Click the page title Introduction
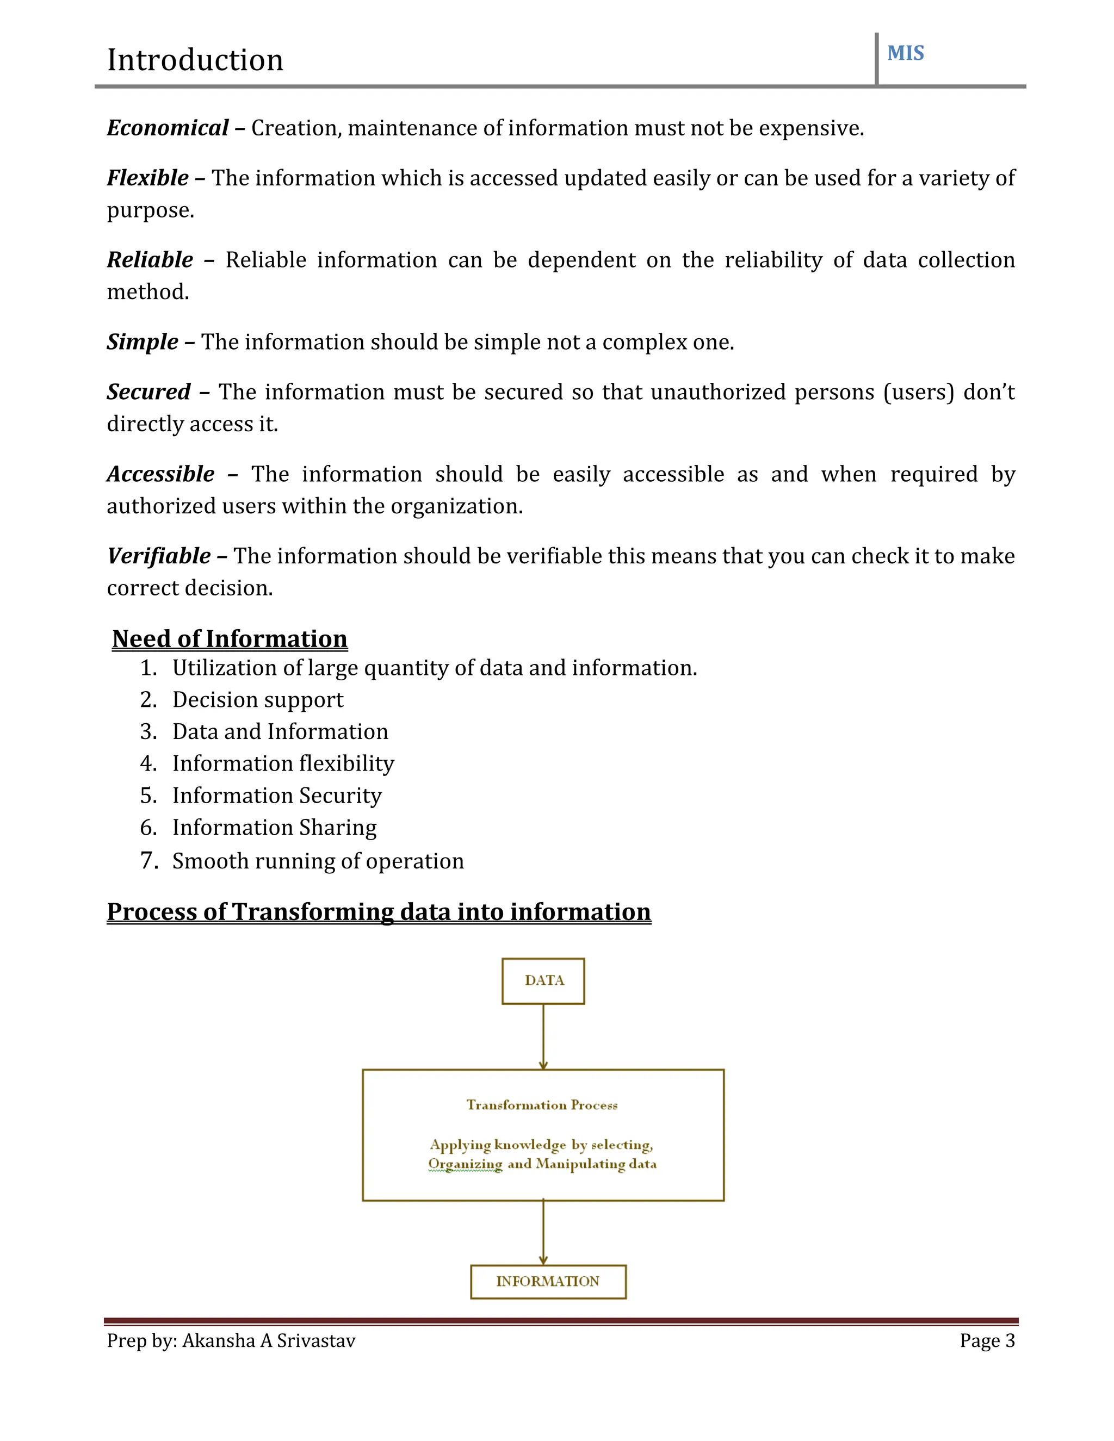coord(195,60)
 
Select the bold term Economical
coord(168,127)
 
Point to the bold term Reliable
coord(150,259)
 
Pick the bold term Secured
coord(148,392)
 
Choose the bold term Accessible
coord(160,474)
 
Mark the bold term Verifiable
coord(159,556)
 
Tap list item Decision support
coord(257,699)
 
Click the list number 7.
coord(148,860)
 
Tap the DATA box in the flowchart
coord(543,980)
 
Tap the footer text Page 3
coord(987,1341)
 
